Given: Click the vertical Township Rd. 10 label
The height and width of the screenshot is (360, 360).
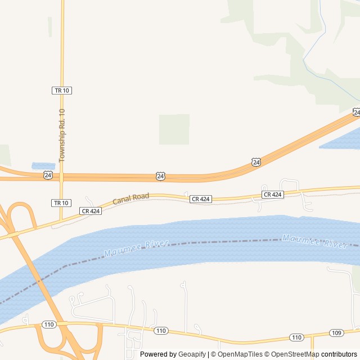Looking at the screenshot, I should [x=62, y=136].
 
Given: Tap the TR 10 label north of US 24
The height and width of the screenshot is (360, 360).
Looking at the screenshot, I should [x=62, y=90].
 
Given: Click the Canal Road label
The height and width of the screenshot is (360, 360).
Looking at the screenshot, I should [x=130, y=198].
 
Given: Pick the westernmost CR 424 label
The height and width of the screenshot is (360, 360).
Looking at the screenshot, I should [x=90, y=211].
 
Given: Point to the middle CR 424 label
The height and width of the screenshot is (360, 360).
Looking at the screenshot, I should [x=200, y=199].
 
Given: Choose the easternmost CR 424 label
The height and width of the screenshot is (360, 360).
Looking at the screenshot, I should [x=273, y=195].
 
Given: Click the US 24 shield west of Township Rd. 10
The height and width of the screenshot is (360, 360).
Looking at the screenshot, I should [x=48, y=175].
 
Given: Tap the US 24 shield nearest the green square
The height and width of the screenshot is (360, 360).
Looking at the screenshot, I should [x=161, y=177].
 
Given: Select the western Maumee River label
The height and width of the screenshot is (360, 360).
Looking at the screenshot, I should [x=137, y=248].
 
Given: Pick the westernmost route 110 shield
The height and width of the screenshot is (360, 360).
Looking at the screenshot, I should [x=48, y=325].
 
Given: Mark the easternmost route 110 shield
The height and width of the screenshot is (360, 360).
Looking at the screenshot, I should [x=296, y=337].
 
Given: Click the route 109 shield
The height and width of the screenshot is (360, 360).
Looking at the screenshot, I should [x=336, y=333].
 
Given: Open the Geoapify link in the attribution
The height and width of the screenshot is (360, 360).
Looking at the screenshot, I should [x=192, y=354].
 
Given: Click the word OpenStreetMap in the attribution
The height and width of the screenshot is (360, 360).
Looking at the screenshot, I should [x=295, y=354].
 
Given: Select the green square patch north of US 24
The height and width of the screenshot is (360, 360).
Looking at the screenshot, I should [x=174, y=129].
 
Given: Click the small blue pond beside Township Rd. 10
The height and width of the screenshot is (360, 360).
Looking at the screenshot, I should [x=43, y=166].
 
